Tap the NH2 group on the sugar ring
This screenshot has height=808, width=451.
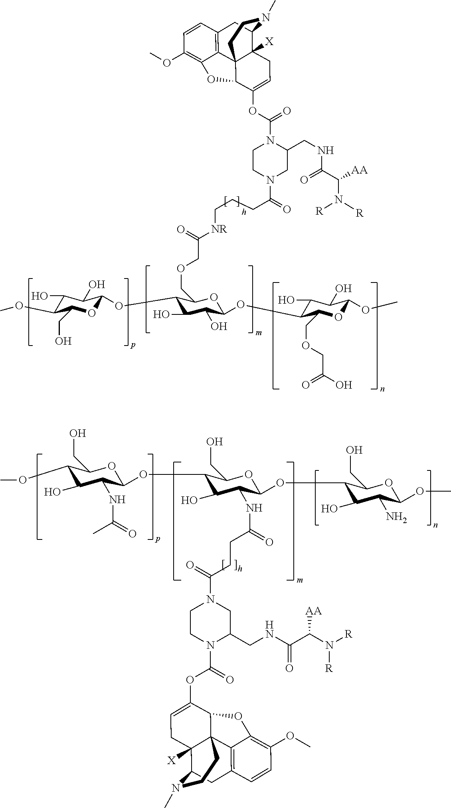point(397,518)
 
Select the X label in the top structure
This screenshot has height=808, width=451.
point(270,42)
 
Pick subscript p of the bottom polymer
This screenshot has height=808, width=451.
point(158,539)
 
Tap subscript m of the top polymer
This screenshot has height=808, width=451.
point(259,332)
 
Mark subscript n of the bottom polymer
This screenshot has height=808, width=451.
point(435,525)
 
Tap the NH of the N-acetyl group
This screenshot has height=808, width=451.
point(119,499)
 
